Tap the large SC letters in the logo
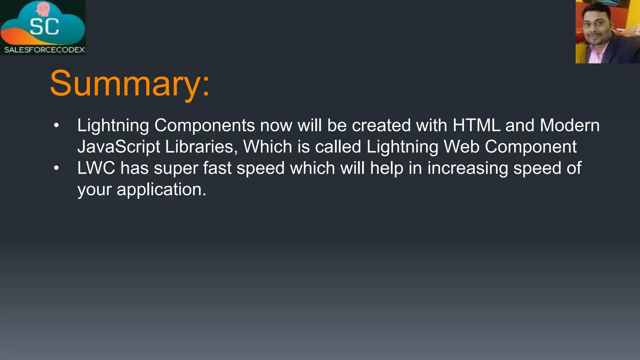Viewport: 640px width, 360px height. coord(44,27)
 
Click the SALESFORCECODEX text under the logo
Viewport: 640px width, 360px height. coord(44,50)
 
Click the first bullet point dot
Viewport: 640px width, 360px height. coord(56,126)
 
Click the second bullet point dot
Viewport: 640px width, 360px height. coord(56,168)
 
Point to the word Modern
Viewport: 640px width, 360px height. coord(569,125)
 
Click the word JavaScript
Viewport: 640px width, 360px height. coord(118,147)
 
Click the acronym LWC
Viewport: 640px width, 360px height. coord(96,168)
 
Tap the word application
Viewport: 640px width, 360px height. coord(161,190)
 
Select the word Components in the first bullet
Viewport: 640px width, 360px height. coord(204,126)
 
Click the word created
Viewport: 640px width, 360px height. coord(381,125)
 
